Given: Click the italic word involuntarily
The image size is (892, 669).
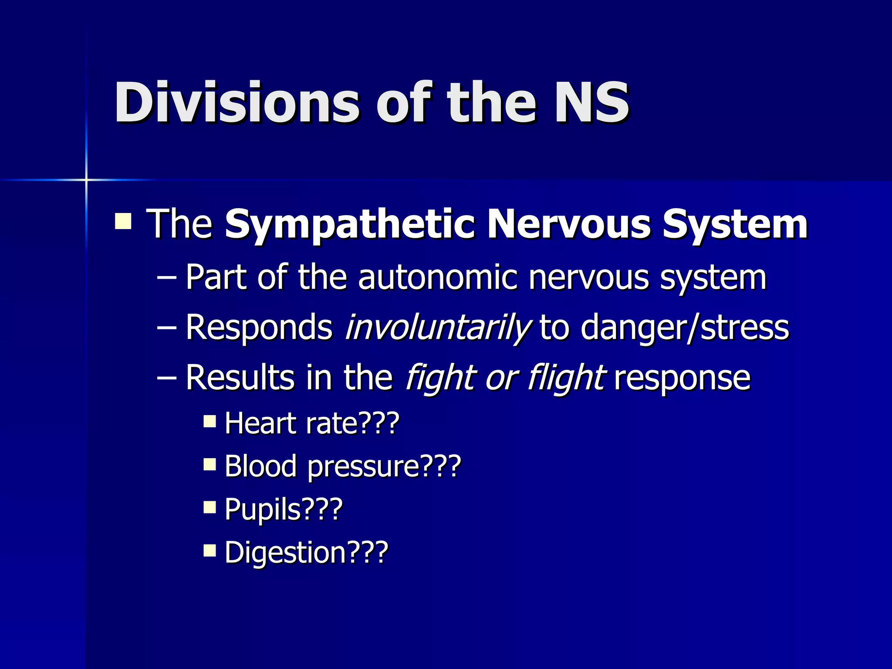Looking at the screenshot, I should click(x=437, y=327).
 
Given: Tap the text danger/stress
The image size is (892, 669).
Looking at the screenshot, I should click(x=685, y=327).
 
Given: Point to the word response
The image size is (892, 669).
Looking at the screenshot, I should click(x=682, y=377).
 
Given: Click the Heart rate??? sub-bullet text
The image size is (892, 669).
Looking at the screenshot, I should click(x=312, y=423).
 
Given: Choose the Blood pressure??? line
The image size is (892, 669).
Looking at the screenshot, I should click(x=342, y=466).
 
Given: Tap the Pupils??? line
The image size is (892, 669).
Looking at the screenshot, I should click(x=284, y=509).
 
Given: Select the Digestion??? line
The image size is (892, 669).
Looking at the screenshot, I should click(x=306, y=552).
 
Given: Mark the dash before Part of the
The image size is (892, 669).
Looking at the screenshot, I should click(x=166, y=278).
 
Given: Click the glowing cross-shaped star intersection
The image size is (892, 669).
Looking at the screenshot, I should click(x=86, y=179).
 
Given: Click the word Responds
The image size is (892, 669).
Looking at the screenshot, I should click(x=259, y=327).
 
